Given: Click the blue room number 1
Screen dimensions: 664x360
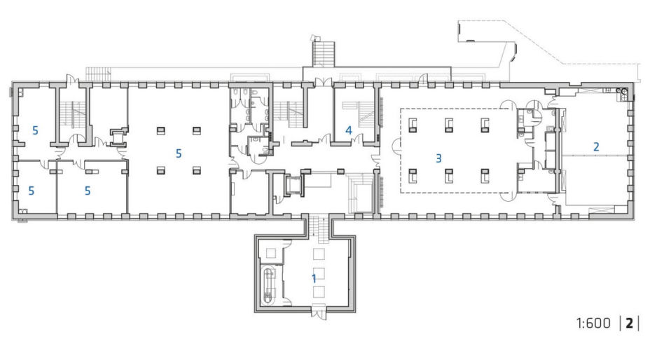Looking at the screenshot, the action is pyautogui.click(x=314, y=278).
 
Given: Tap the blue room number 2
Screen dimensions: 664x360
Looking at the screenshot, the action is pyautogui.click(x=596, y=146).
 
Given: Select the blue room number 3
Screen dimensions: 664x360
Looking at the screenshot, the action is pyautogui.click(x=438, y=158).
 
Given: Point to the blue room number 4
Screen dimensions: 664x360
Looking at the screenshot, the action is pyautogui.click(x=349, y=130).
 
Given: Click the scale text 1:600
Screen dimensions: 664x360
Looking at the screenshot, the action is pyautogui.click(x=593, y=323).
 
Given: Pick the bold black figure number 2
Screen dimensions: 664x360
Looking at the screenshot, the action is pyautogui.click(x=629, y=323).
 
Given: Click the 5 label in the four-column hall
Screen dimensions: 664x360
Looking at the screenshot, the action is pyautogui.click(x=179, y=153).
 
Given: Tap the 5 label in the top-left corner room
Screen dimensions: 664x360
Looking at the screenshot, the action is pyautogui.click(x=35, y=130).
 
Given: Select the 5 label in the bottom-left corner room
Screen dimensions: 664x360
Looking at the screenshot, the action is pyautogui.click(x=31, y=191).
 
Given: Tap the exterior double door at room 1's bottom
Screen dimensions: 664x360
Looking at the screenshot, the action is pyautogui.click(x=319, y=312).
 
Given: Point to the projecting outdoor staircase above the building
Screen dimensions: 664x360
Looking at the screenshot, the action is pyautogui.click(x=324, y=53).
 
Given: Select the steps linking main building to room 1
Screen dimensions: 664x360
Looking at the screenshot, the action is pyautogui.click(x=319, y=230).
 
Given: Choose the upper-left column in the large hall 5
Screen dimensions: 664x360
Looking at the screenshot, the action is pyautogui.click(x=161, y=130).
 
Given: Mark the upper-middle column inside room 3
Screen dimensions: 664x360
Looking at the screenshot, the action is pyautogui.click(x=449, y=125).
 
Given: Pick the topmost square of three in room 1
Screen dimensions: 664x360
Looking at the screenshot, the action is pyautogui.click(x=319, y=254).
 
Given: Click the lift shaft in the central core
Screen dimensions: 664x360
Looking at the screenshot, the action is pyautogui.click(x=293, y=185).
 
